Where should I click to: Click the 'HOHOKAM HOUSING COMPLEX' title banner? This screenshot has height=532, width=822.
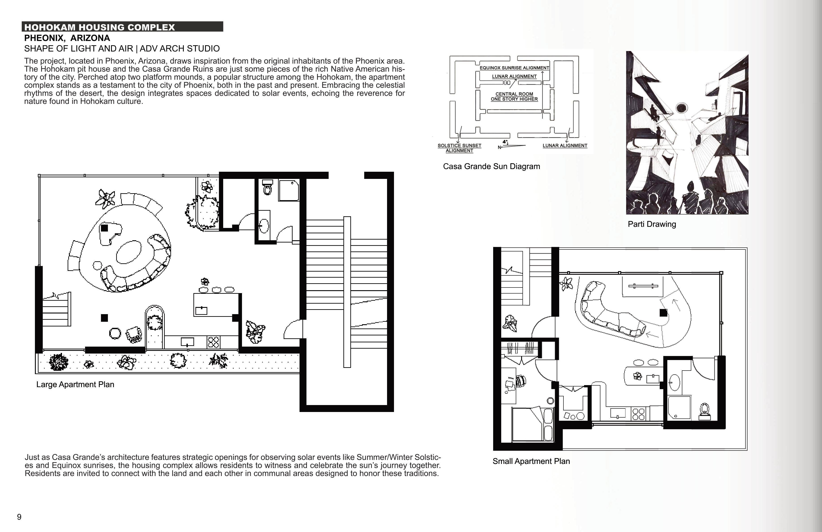point(122,27)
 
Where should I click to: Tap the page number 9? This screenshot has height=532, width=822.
point(19,517)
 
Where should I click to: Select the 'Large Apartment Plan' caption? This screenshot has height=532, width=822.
point(75,384)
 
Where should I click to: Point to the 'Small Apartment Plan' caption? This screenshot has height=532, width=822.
point(531,461)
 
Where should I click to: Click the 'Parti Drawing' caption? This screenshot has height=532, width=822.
point(652,224)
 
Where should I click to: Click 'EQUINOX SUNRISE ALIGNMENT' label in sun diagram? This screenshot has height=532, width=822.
point(514,68)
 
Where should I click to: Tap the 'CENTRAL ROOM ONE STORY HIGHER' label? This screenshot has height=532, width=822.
point(514,96)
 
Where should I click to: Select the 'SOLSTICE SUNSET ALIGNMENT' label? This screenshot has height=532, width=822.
point(459,148)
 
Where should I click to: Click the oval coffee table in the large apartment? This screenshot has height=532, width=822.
point(129,252)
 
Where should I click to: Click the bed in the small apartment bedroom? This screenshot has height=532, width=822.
point(533,424)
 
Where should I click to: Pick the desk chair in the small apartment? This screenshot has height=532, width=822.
point(521,381)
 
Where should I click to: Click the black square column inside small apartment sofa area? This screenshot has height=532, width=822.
point(664,313)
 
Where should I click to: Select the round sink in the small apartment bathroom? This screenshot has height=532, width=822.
point(674,383)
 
